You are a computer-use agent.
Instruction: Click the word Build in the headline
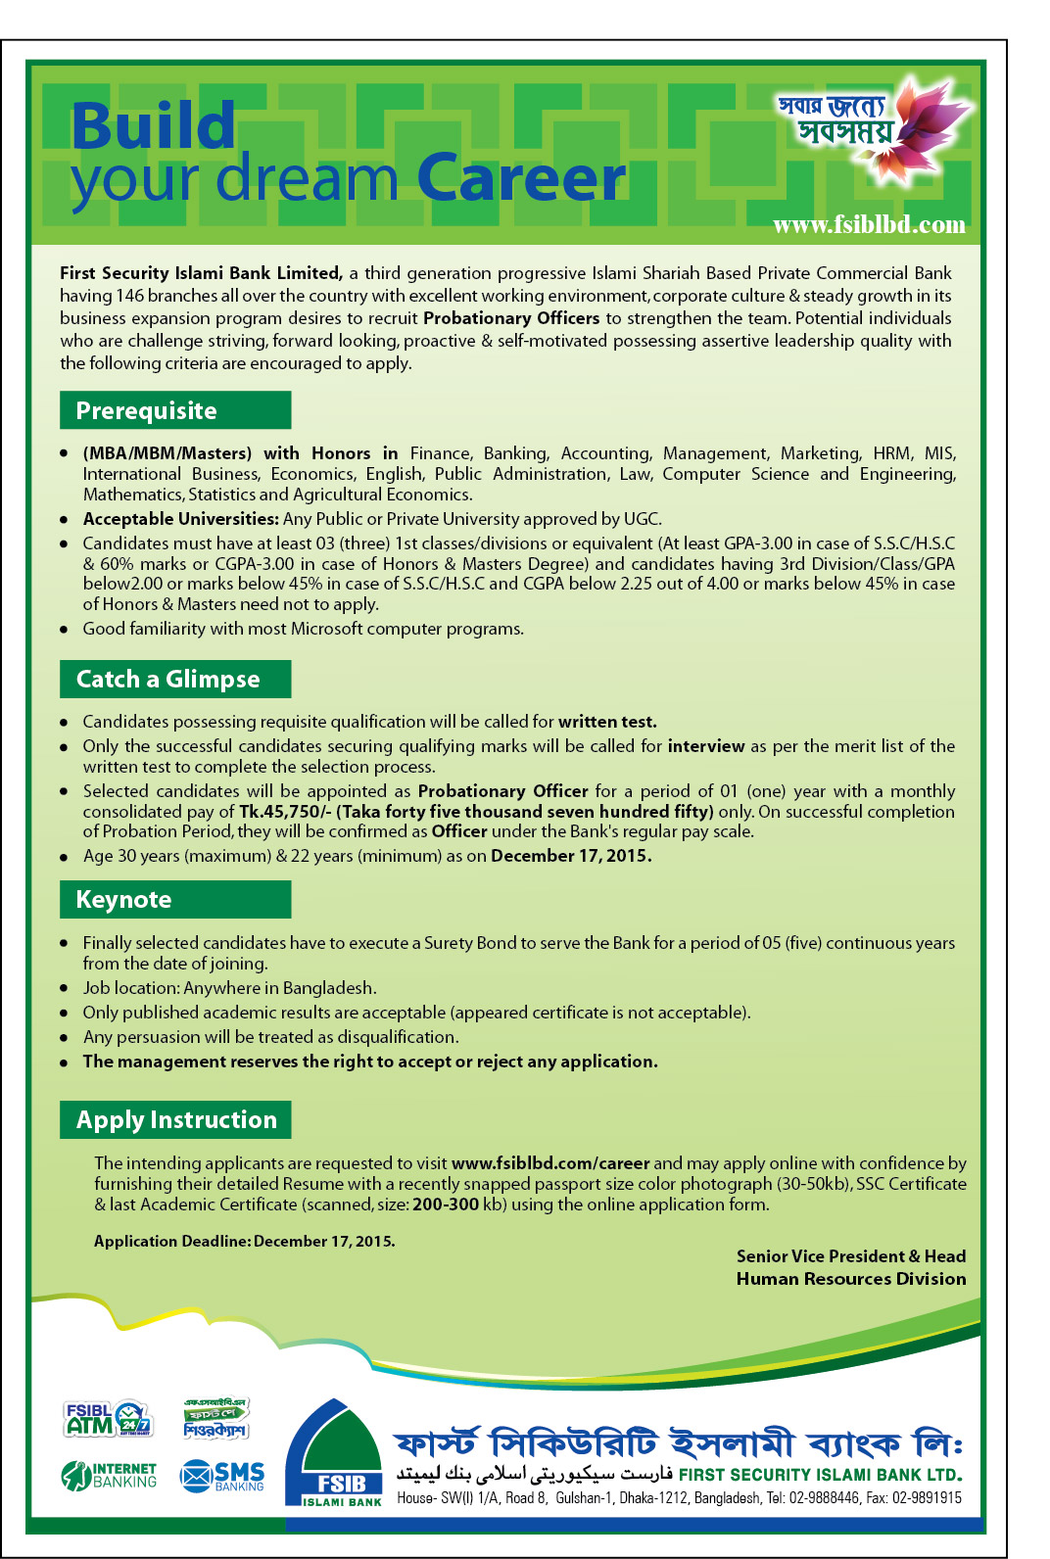pos(153,127)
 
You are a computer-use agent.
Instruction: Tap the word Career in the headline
pos(521,180)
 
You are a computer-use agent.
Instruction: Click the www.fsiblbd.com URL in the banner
pos(869,225)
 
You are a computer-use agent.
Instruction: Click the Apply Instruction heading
pos(176,1119)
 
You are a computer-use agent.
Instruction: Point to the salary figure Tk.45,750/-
pos(285,812)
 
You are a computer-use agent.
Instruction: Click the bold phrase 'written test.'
pos(607,722)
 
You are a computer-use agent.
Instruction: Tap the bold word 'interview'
pos(706,746)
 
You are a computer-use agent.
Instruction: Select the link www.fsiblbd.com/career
pos(550,1163)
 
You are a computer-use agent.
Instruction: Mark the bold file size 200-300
pos(445,1205)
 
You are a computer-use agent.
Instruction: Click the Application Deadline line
pos(245,1241)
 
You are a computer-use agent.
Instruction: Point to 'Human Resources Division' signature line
pos(850,1279)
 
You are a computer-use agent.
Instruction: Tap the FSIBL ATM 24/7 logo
pos(108,1418)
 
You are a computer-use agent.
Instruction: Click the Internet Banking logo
pos(109,1475)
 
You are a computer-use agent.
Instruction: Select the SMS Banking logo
pos(222,1475)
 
